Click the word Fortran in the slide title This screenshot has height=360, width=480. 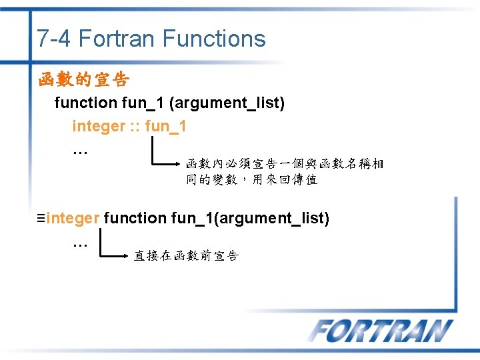[117, 39]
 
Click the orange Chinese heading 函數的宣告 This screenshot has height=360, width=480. [84, 81]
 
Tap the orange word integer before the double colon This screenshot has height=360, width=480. [99, 126]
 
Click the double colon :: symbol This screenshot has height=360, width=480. [135, 126]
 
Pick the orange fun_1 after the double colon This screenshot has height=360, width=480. [165, 126]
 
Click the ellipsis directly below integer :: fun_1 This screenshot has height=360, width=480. [80, 149]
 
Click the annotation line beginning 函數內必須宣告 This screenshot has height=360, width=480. [284, 163]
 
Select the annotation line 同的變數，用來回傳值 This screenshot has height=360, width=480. [251, 179]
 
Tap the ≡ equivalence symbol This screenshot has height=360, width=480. [41, 218]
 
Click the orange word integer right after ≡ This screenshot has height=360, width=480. [73, 218]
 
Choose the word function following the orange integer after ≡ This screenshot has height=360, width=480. [135, 218]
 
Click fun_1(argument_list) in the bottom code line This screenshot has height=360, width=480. [250, 218]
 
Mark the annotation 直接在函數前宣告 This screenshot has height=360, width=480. [186, 256]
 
